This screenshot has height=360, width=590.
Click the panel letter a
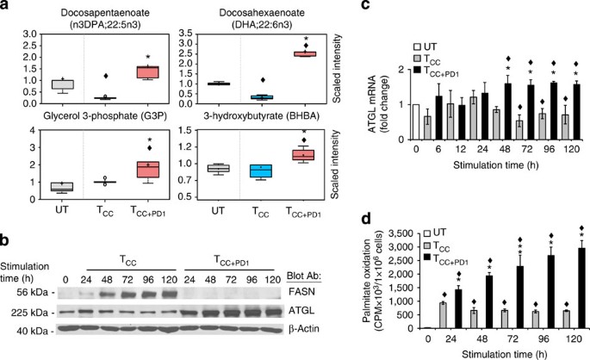click(x=7, y=7)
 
